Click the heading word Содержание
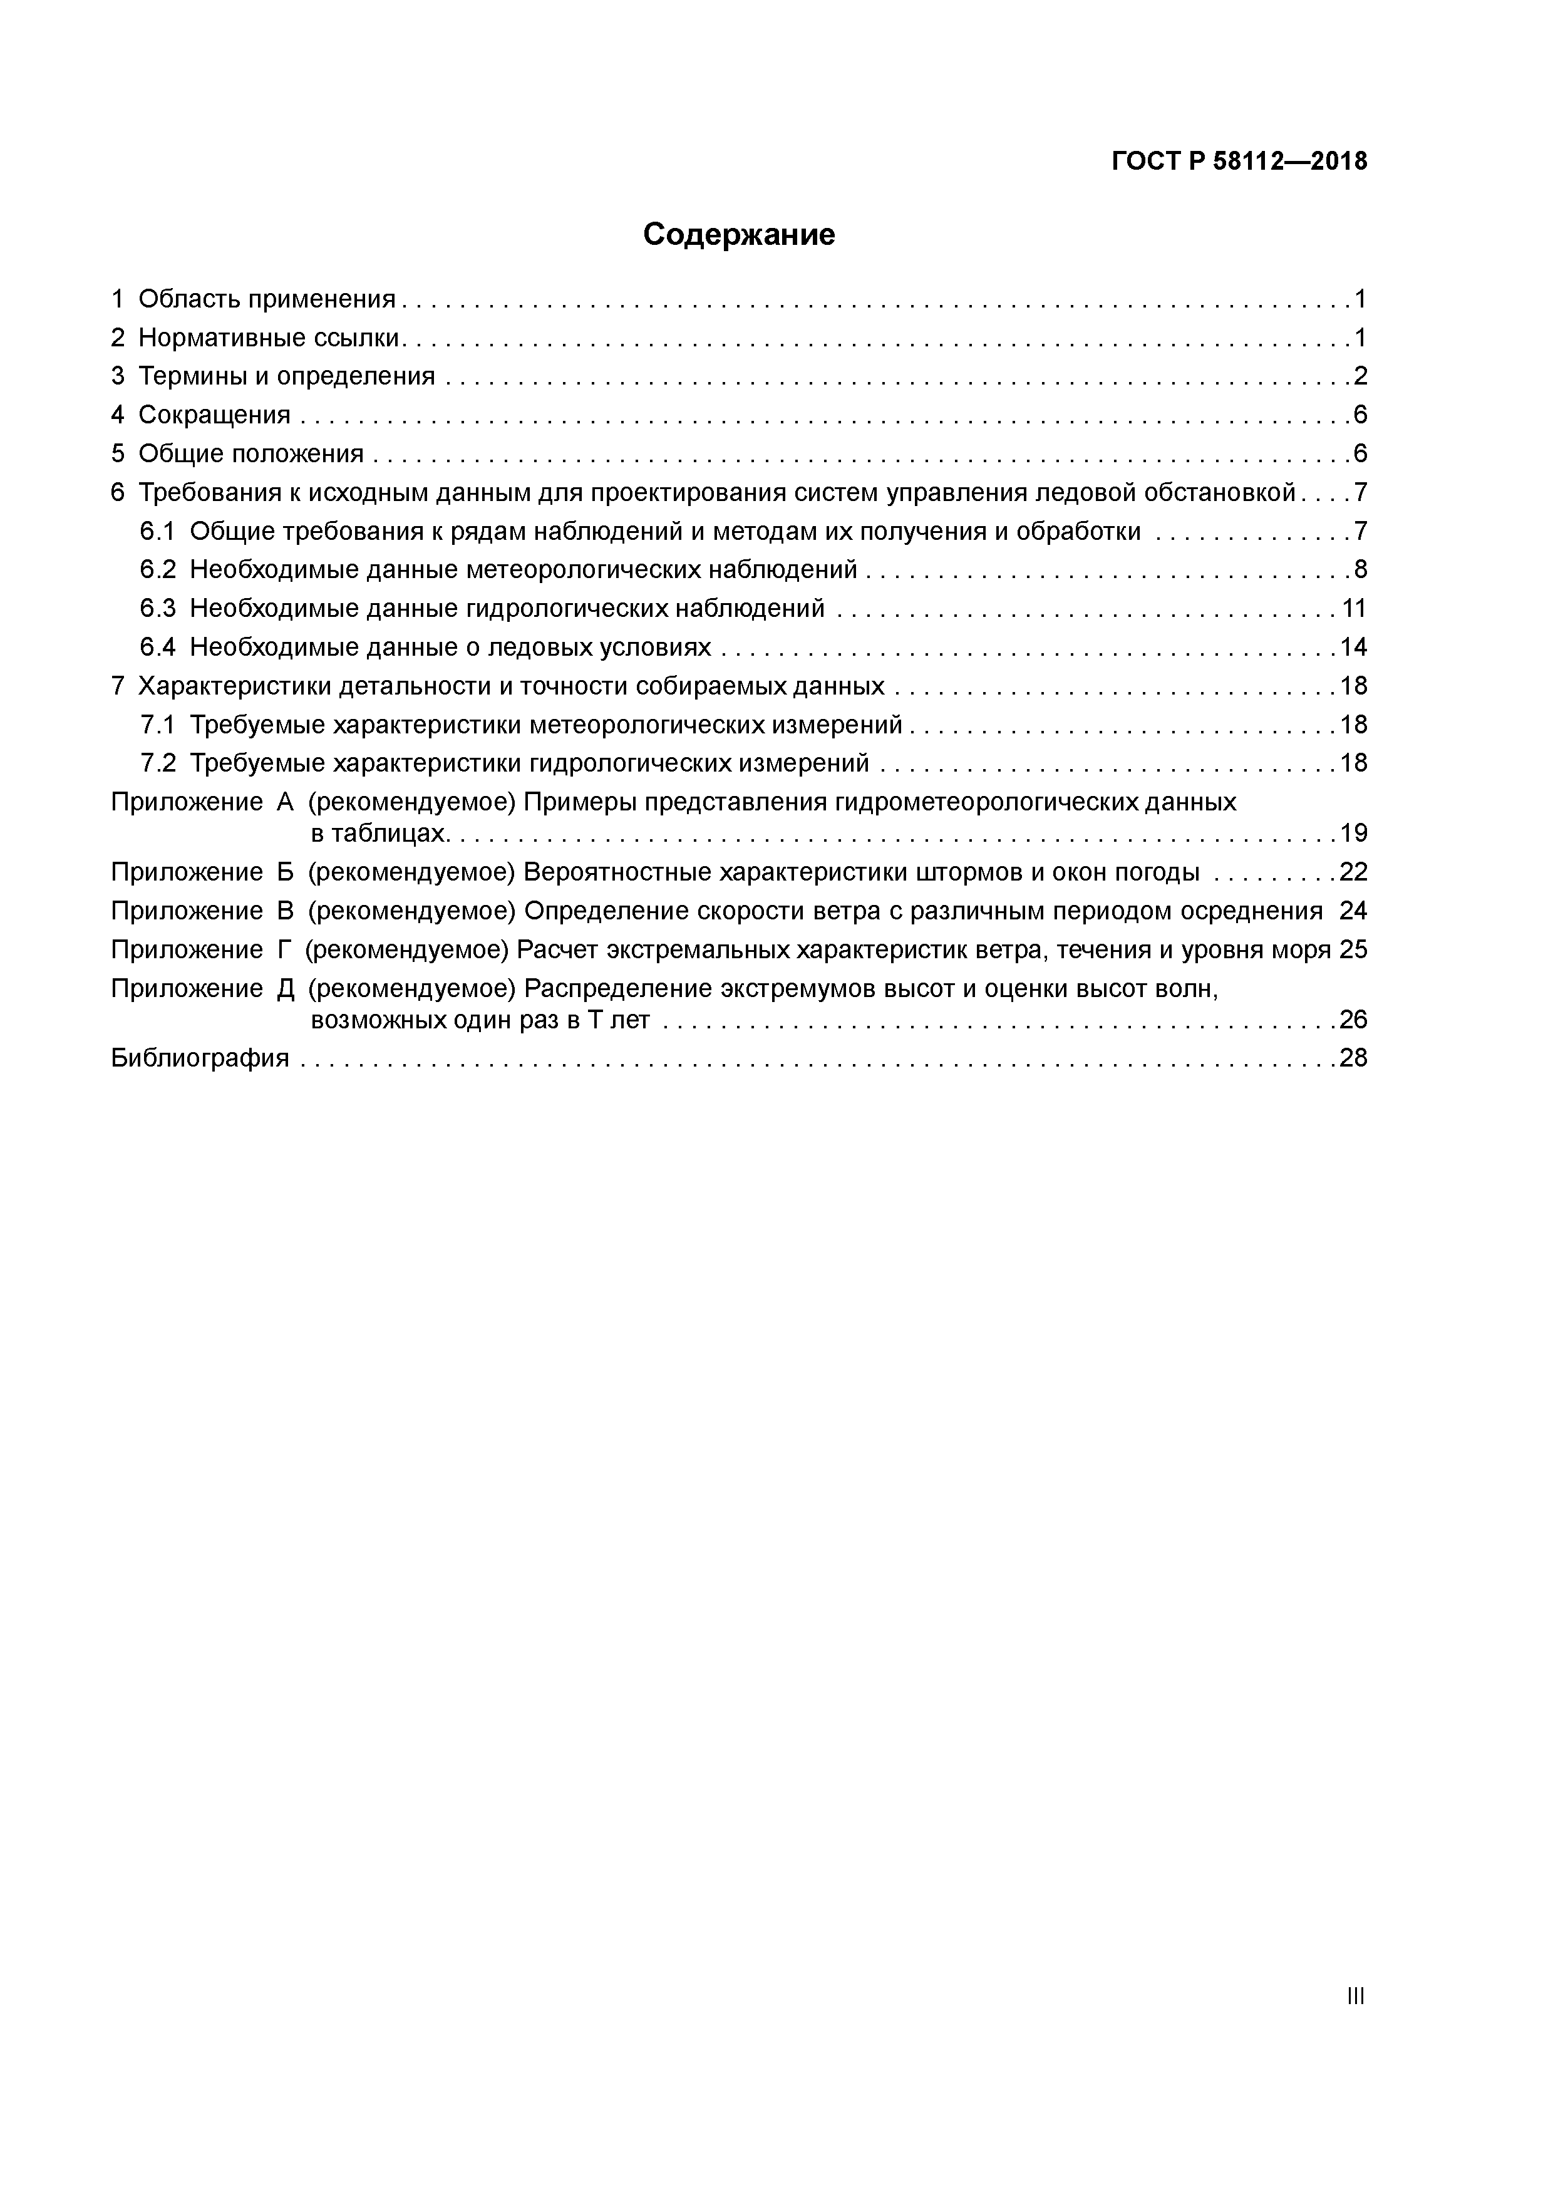tap(739, 234)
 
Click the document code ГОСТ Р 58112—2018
tap(1239, 162)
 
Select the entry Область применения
tap(266, 299)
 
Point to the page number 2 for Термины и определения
tap(1360, 376)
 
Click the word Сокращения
tap(214, 415)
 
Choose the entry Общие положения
tap(250, 453)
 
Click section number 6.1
tap(158, 531)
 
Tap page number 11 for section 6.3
tap(1353, 609)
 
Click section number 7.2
tap(158, 763)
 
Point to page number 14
tap(1353, 648)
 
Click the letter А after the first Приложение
tap(285, 802)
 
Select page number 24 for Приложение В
tap(1353, 911)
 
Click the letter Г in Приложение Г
tap(283, 950)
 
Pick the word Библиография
tap(200, 1058)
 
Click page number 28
tap(1353, 1058)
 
